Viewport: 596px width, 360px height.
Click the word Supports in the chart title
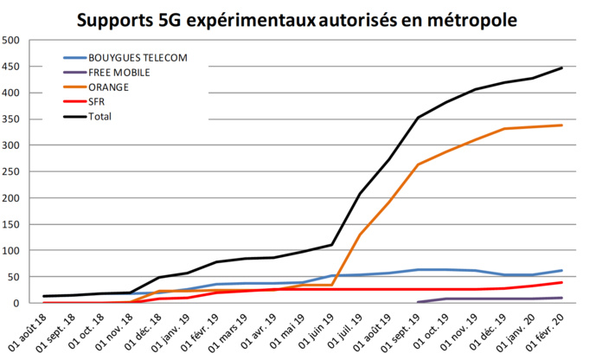pyautogui.click(x=127, y=18)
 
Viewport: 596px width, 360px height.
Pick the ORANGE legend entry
pyautogui.click(x=107, y=87)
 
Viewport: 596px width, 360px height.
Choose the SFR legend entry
pyautogui.click(x=96, y=100)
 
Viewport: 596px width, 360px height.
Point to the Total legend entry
pyautogui.click(x=99, y=115)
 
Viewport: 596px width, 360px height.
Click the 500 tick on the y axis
pyautogui.click(x=12, y=41)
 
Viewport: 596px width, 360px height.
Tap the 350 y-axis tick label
pyautogui.click(x=12, y=119)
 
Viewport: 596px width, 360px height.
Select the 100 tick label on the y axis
pyautogui.click(x=12, y=251)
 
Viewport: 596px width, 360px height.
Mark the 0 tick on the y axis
pyautogui.click(x=18, y=304)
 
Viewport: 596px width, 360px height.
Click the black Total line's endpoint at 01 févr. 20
pyautogui.click(x=562, y=67)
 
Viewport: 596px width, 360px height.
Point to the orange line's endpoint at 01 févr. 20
pyautogui.click(x=562, y=125)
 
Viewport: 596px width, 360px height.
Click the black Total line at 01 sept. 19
pyautogui.click(x=419, y=117)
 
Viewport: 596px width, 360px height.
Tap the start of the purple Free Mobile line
pyautogui.click(x=419, y=302)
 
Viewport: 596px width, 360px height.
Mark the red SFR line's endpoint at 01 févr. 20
pyautogui.click(x=562, y=282)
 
